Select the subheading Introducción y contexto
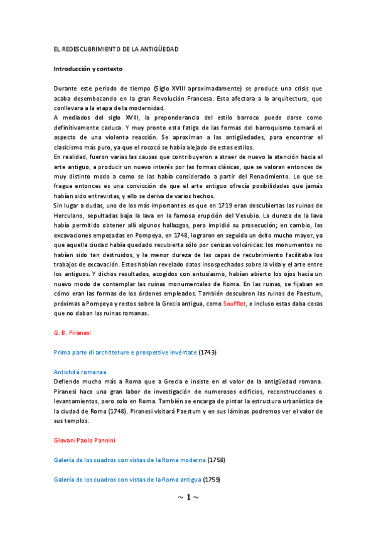coord(87,68)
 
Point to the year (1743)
coord(207,353)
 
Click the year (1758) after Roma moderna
coord(216,460)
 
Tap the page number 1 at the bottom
coord(188,497)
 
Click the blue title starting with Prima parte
coord(126,353)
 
